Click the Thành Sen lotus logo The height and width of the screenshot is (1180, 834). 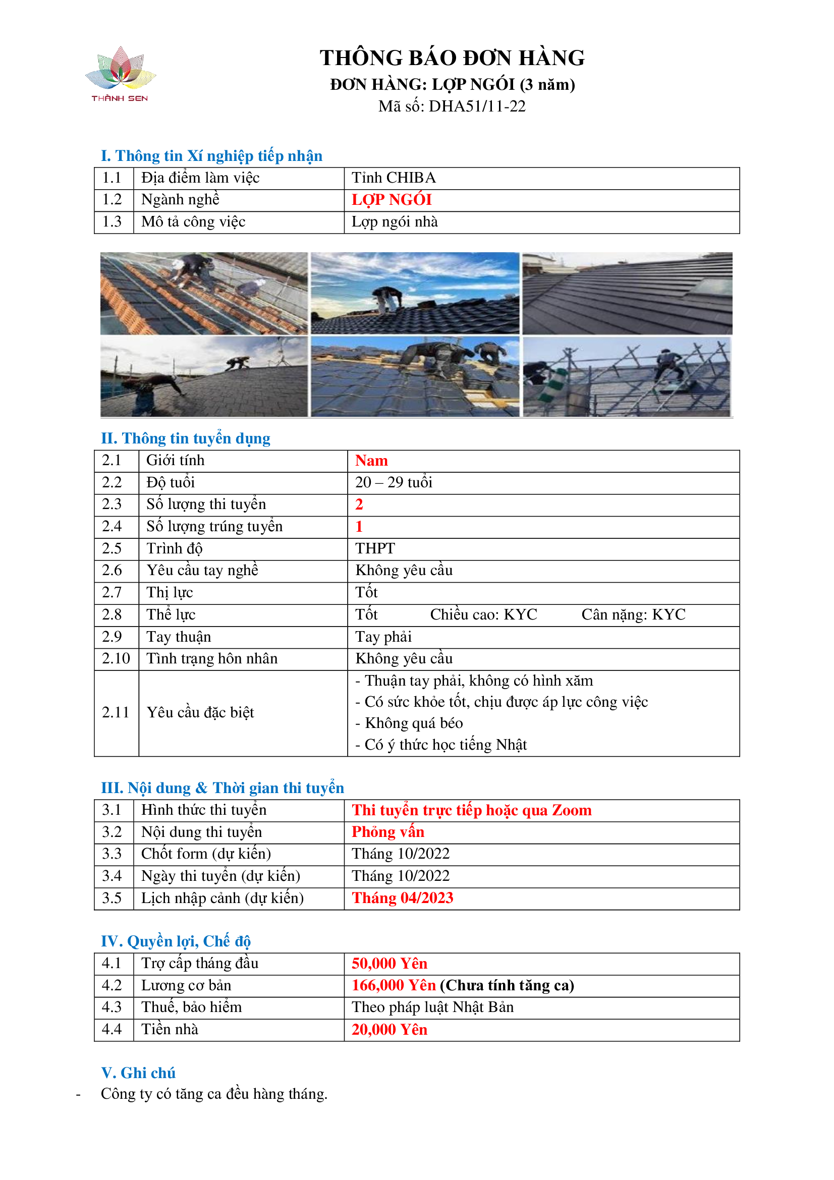[120, 74]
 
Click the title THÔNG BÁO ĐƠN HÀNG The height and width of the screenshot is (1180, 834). [452, 58]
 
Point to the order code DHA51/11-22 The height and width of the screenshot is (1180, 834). [477, 106]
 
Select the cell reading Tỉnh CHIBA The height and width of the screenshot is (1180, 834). [393, 178]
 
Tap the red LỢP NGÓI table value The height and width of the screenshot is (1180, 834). [391, 200]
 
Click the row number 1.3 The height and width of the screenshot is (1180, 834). [112, 222]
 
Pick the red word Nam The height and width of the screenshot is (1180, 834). [371, 461]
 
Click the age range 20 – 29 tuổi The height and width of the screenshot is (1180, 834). [393, 483]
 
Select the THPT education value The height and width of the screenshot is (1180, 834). [374, 549]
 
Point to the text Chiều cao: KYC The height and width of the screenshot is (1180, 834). [483, 614]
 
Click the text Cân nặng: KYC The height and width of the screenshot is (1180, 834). [633, 614]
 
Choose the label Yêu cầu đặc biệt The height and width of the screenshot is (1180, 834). [200, 713]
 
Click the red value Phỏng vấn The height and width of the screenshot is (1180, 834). [387, 832]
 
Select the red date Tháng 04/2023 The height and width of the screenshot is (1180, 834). [402, 898]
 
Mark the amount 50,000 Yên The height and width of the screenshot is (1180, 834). [389, 964]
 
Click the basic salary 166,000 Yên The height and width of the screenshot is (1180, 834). [393, 986]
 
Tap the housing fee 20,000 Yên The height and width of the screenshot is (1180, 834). [389, 1030]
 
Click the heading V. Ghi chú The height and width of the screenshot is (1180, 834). [138, 1073]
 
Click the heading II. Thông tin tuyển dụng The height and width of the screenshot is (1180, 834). [185, 438]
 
